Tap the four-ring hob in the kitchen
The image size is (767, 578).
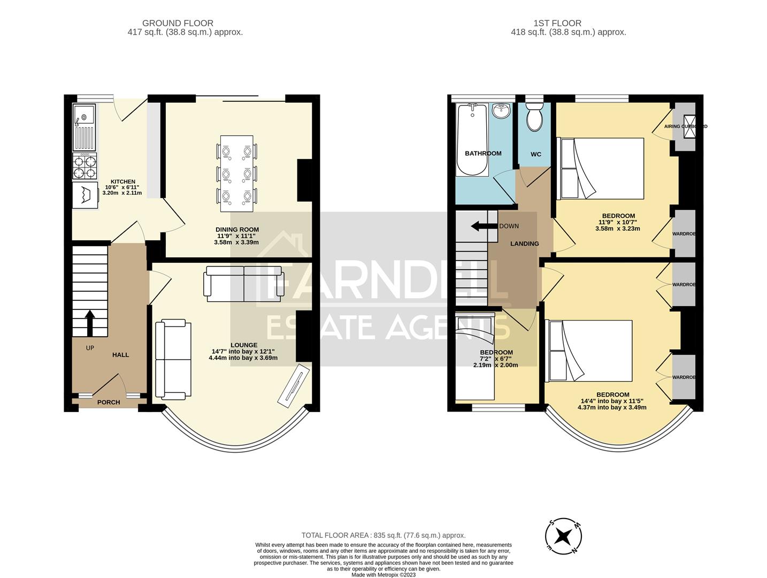(x=85, y=166)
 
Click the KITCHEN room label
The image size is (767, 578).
(x=122, y=181)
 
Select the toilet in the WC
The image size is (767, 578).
(x=534, y=119)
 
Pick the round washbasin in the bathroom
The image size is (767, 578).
(x=501, y=111)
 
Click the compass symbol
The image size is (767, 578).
(x=563, y=536)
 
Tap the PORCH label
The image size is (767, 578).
(x=109, y=402)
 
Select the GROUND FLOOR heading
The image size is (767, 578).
(x=178, y=23)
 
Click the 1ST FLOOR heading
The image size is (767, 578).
(x=557, y=23)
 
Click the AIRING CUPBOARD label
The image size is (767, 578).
(x=685, y=126)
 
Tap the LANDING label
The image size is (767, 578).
(x=524, y=244)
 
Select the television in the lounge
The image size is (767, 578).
(x=293, y=384)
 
